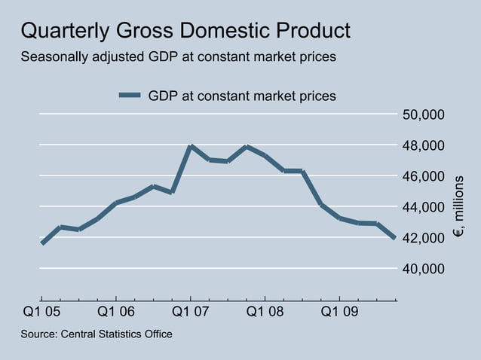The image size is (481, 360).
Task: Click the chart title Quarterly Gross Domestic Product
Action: pyautogui.click(x=185, y=31)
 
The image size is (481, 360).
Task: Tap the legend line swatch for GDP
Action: pyautogui.click(x=130, y=96)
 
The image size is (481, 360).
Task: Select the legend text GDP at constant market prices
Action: pyautogui.click(x=242, y=96)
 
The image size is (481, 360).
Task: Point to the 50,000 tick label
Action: pyautogui.click(x=424, y=114)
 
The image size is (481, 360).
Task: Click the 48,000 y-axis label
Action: pyautogui.click(x=424, y=145)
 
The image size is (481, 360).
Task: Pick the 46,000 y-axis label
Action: pyautogui.click(x=424, y=176)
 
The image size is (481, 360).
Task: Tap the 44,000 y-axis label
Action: pyautogui.click(x=424, y=207)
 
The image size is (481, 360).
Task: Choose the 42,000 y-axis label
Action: pyautogui.click(x=424, y=238)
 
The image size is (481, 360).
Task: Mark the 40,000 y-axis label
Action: pyautogui.click(x=424, y=269)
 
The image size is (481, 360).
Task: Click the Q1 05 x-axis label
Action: pyautogui.click(x=41, y=311)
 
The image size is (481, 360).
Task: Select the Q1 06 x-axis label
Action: pyautogui.click(x=116, y=311)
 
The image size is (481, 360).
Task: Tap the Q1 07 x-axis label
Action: pyautogui.click(x=191, y=311)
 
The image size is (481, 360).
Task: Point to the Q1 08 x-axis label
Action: pyautogui.click(x=265, y=311)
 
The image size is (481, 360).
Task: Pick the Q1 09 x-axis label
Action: pyautogui.click(x=340, y=311)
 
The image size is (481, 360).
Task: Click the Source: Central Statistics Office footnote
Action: pyautogui.click(x=97, y=334)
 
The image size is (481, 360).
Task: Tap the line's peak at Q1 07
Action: pyautogui.click(x=191, y=146)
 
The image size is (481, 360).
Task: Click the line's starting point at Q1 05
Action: pyautogui.click(x=42, y=243)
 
